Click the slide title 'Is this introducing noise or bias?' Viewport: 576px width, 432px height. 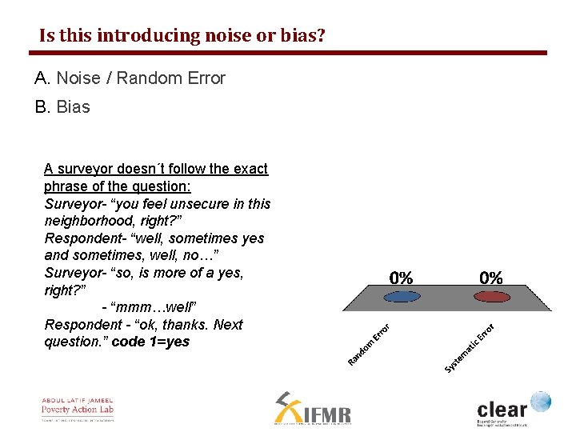pos(182,36)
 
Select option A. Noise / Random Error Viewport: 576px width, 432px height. pos(130,78)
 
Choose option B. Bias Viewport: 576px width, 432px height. pos(62,107)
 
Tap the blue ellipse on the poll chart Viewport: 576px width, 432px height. pos(401,296)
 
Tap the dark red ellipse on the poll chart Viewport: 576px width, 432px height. pos(491,296)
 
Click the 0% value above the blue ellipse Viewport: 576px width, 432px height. pos(401,278)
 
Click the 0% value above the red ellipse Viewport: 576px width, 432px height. pos(491,278)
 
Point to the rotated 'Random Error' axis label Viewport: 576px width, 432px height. pos(369,343)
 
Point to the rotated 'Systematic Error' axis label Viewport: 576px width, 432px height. pos(470,347)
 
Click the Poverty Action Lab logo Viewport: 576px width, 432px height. pos(78,409)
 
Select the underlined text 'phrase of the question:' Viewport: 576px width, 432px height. pos(118,186)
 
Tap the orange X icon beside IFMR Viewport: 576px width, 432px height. pos(287,407)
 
